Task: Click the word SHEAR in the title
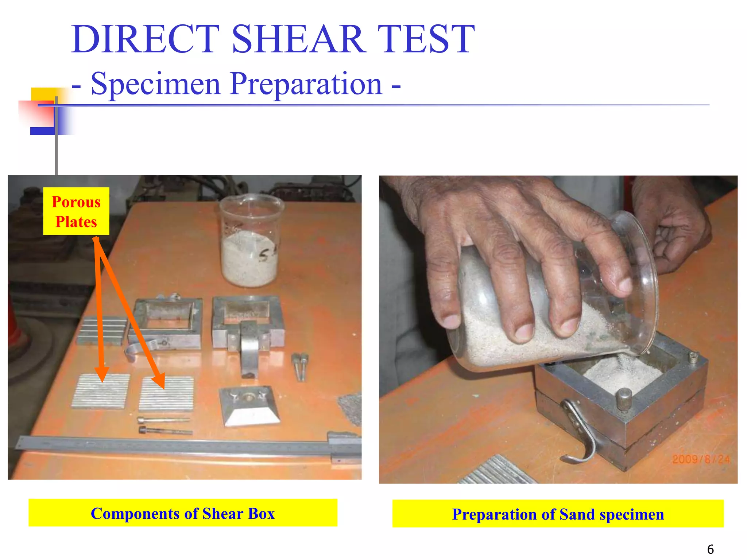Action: tap(298, 39)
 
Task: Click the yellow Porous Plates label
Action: tap(76, 211)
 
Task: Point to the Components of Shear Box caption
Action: tap(183, 513)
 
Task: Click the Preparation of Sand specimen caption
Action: tap(558, 514)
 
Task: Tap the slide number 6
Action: tap(710, 549)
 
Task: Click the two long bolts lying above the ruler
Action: tap(165, 426)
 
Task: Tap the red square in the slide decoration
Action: tap(36, 115)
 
